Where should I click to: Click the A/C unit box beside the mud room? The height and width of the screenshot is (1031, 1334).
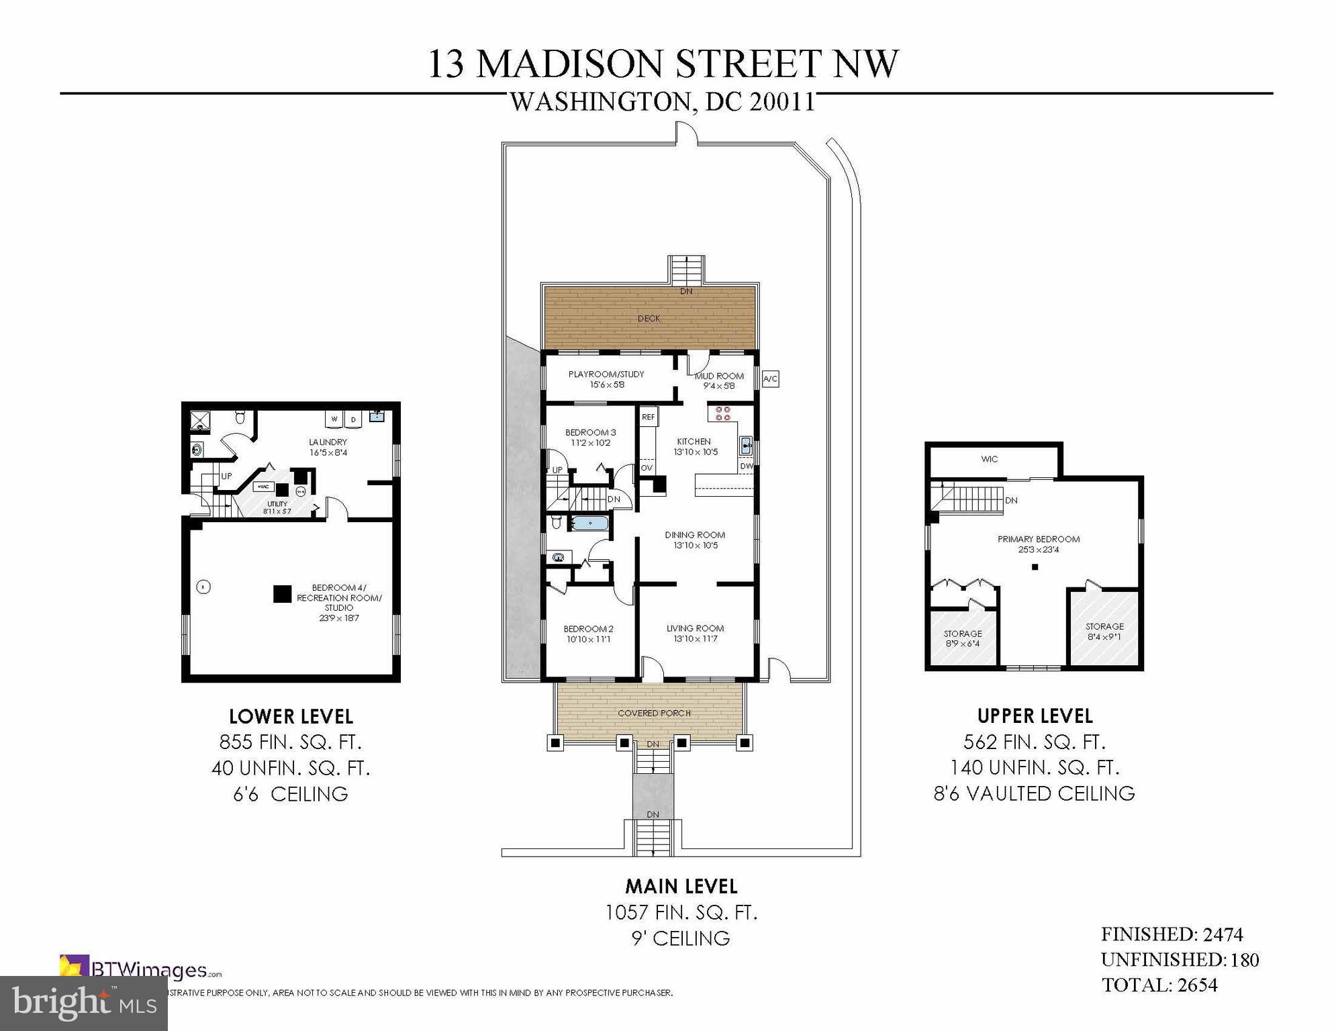770,379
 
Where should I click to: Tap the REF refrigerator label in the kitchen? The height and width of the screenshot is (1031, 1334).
648,417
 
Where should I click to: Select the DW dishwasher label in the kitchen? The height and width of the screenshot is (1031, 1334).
746,466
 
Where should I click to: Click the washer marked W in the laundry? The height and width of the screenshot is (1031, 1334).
334,420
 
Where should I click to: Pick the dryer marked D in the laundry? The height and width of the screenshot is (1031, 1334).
353,420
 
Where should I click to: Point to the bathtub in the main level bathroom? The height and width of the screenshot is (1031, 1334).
590,523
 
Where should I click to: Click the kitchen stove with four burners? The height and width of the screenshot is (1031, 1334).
722,413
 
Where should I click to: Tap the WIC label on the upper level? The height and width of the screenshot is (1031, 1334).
989,460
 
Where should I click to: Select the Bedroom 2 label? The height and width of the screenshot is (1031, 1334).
588,634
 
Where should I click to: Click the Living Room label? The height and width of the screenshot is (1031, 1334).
695,633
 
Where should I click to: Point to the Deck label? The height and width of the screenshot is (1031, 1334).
649,319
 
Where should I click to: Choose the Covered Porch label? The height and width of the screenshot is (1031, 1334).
654,713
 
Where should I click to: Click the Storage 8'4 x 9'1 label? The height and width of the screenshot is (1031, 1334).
1104,631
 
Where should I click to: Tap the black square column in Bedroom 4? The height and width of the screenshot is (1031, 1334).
283,594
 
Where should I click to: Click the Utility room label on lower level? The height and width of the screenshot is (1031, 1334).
277,507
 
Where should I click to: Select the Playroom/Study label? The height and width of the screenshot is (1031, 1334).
606,379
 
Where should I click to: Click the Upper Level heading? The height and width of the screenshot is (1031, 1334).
1035,716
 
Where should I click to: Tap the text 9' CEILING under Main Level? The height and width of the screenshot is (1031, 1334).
681,938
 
